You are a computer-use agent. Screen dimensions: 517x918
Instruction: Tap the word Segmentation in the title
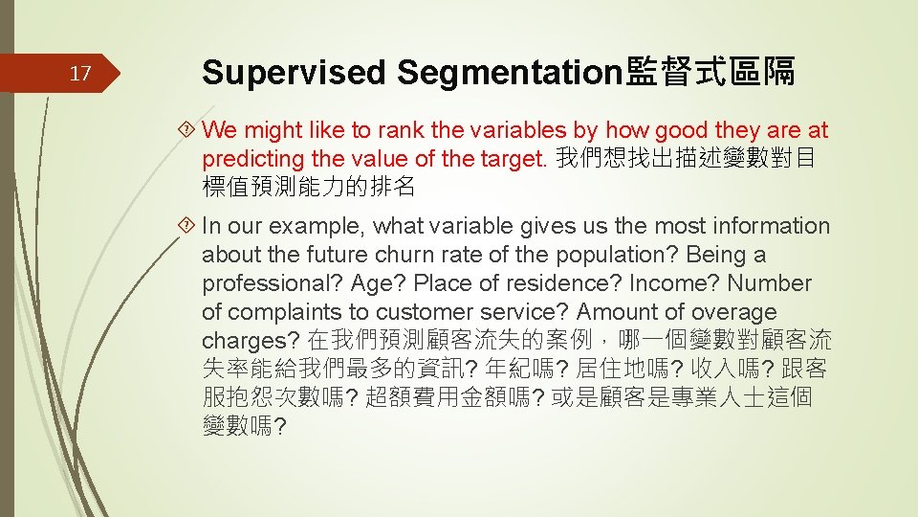(511, 73)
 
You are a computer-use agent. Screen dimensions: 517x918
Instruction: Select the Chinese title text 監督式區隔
(710, 73)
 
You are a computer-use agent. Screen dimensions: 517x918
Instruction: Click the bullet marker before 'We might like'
(188, 130)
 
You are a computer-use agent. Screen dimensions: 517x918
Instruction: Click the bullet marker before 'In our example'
(188, 227)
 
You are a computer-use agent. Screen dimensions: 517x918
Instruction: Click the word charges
(248, 341)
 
